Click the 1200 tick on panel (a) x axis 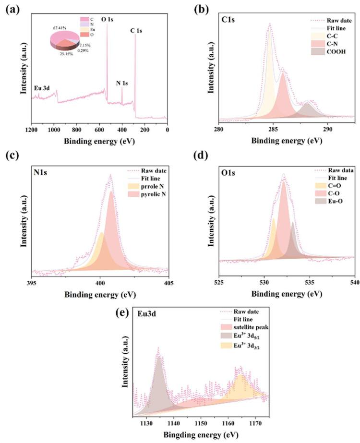click(32, 128)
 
